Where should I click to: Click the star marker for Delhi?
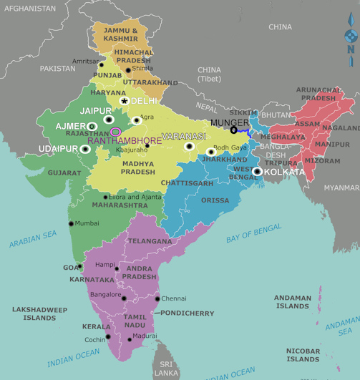pyautogui.click(x=125, y=101)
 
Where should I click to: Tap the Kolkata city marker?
pyautogui.click(x=257, y=171)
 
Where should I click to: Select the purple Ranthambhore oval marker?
pyautogui.click(x=116, y=132)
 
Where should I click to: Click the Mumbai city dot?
pyautogui.click(x=71, y=223)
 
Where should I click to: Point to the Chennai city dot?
pyautogui.click(x=157, y=298)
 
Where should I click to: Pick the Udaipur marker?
pyautogui.click(x=86, y=149)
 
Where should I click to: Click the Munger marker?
pyautogui.click(x=233, y=130)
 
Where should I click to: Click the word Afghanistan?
pyautogui.click(x=29, y=8)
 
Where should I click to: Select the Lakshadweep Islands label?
pyautogui.click(x=39, y=313)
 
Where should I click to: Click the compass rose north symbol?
pyautogui.click(x=350, y=36)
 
